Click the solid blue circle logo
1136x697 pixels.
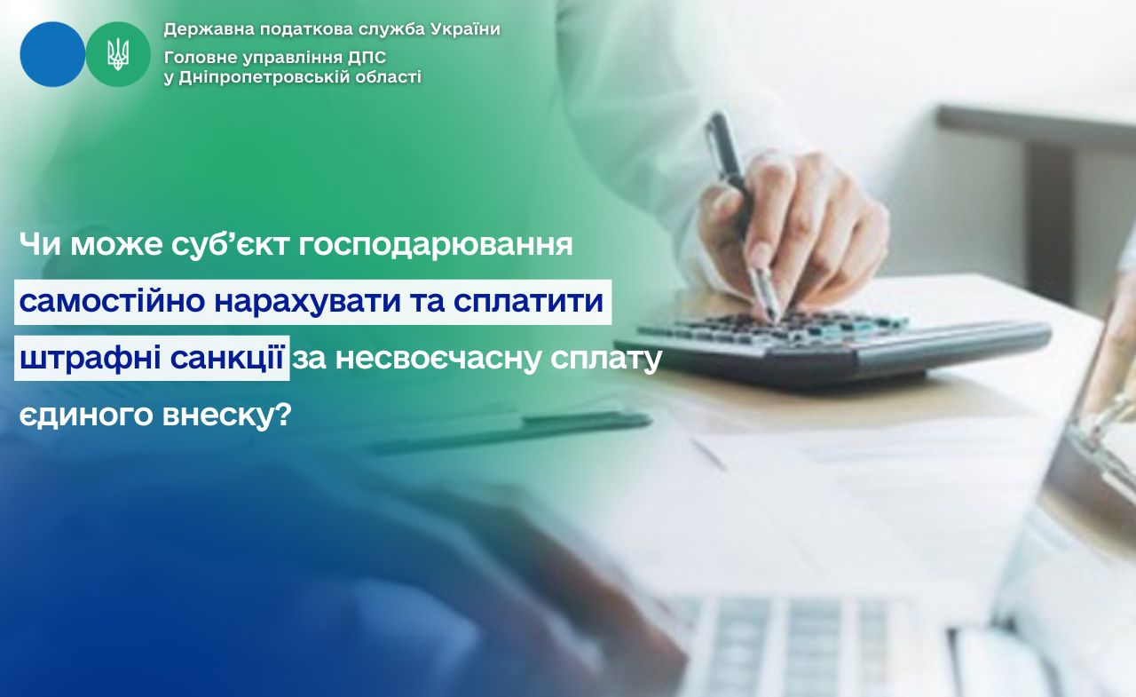52,54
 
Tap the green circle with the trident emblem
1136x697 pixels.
118,54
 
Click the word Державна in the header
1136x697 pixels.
208,30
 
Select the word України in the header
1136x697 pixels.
466,29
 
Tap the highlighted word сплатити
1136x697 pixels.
528,302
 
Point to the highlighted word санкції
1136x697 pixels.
226,358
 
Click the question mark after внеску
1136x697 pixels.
285,414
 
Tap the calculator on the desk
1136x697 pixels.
832,345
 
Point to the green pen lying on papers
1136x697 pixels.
509,432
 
